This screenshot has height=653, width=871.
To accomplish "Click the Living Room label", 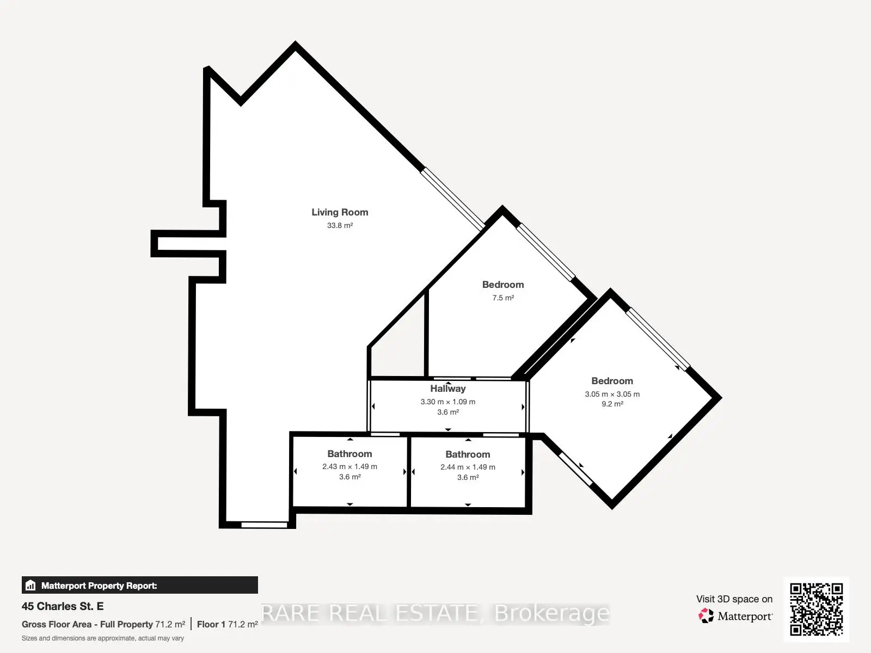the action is tap(340, 212).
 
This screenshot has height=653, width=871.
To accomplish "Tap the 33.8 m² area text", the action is tap(340, 225).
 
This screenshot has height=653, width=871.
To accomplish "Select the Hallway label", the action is tap(448, 389).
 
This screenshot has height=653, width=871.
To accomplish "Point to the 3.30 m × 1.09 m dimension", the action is tap(448, 402).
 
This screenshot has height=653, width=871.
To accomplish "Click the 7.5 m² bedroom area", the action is tap(503, 298).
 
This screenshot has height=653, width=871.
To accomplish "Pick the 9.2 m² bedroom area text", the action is tap(612, 404).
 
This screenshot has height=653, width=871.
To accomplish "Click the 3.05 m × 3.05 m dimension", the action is tap(612, 394).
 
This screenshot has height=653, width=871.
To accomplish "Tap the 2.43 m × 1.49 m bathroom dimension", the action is tap(349, 467).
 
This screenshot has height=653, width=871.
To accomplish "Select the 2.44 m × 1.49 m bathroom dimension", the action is tap(468, 467).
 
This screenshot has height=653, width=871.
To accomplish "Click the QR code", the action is tap(816, 609).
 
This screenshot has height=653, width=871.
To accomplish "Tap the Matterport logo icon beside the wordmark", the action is tap(706, 616).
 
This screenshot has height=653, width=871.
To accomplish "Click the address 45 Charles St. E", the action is tap(63, 606).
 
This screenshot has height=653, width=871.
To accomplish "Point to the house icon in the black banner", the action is tap(30, 585).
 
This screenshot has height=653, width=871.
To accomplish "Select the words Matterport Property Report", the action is tap(99, 586).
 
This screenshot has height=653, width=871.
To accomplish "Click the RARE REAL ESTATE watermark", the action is tap(436, 613).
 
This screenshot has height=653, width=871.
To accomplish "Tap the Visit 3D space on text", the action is tap(734, 599).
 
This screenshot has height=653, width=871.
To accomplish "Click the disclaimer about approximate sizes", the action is tap(103, 638).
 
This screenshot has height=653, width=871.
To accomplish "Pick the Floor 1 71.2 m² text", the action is tap(228, 625).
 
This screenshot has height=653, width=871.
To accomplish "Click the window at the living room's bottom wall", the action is tap(264, 525).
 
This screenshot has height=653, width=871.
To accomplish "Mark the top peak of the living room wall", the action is tap(295, 41).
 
